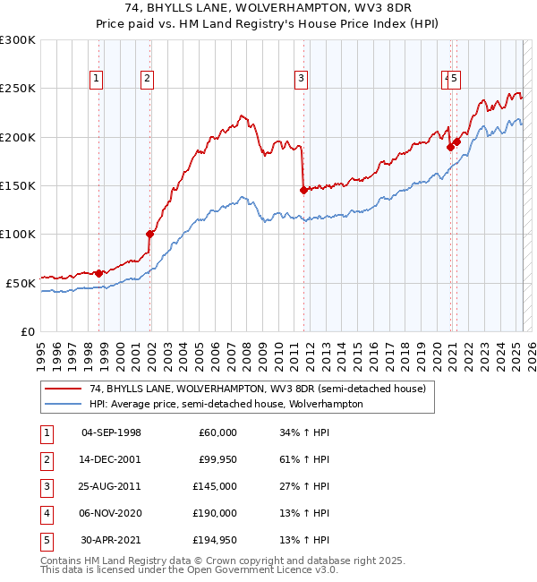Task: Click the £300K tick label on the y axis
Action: (18, 40)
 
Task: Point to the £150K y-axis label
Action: (18, 185)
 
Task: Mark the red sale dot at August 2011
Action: (303, 190)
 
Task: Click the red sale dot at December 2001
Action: (149, 234)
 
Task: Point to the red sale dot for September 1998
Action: (98, 272)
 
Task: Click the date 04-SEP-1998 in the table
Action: (111, 432)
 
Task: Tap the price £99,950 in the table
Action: (215, 459)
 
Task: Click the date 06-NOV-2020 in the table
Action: (111, 513)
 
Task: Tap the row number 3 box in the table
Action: (46, 486)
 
